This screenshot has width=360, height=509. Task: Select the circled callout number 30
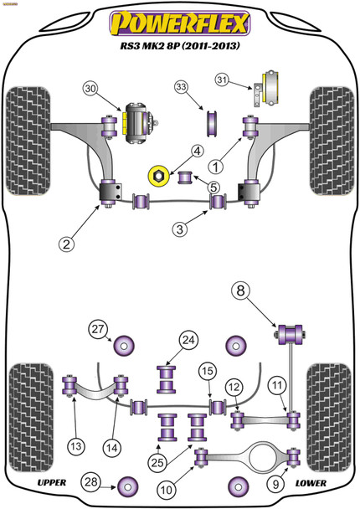point(91,90)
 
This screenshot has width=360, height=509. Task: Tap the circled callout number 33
point(182,88)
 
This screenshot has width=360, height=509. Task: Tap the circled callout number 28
point(90,481)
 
